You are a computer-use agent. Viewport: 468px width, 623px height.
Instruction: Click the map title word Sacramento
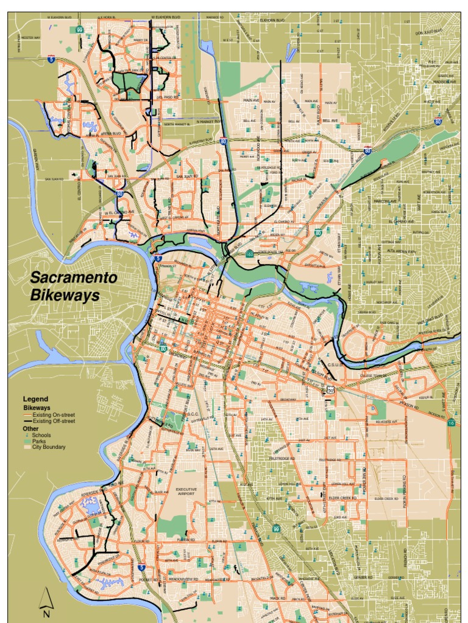pos(74,278)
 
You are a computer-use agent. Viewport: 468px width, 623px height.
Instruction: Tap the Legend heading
pos(35,399)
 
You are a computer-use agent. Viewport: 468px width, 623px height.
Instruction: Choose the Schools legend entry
pos(42,435)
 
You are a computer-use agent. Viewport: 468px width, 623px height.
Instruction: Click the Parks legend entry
pos(40,441)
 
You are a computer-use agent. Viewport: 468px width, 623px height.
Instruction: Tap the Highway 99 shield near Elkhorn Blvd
pos(79,29)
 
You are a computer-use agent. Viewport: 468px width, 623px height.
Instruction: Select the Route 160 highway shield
pos(249,254)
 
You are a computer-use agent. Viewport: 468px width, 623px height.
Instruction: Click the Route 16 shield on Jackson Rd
pos(450,422)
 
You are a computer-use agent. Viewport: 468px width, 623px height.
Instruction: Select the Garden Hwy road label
pos(36,159)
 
